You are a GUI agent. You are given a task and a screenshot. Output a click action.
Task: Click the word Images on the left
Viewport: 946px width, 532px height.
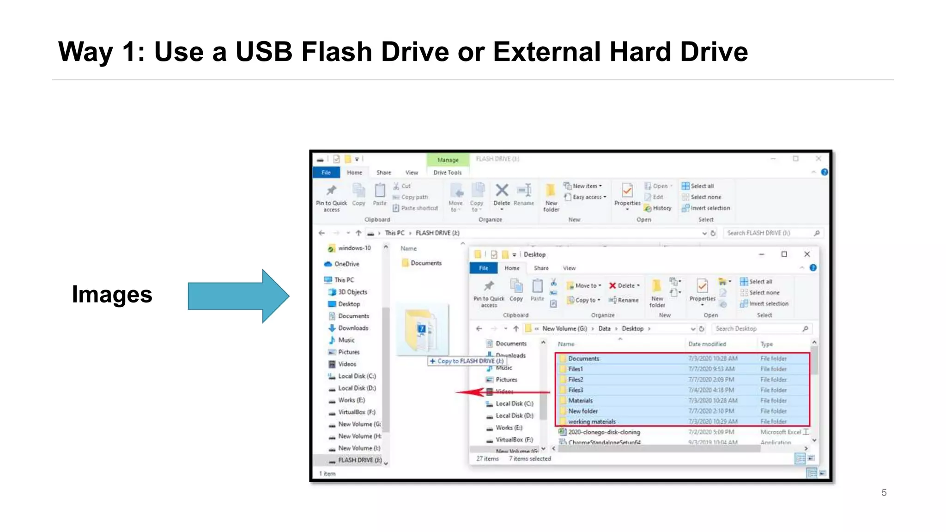click(112, 295)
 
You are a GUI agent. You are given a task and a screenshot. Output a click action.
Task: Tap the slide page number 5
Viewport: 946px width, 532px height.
click(884, 493)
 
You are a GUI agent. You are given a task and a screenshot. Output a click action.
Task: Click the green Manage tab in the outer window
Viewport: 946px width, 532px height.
click(448, 160)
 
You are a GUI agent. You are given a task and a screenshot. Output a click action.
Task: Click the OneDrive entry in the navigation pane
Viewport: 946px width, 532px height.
click(346, 264)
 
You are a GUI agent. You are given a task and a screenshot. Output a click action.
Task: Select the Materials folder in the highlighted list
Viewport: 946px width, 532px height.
click(580, 400)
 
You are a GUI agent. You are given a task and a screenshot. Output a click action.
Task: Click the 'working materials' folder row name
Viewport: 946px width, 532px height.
click(592, 422)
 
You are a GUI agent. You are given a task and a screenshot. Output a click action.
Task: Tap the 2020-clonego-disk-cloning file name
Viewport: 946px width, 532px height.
click(604, 432)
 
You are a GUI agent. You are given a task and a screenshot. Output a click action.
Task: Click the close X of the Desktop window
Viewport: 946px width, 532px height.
click(807, 254)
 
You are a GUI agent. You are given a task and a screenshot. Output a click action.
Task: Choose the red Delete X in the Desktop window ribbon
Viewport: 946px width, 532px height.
click(612, 285)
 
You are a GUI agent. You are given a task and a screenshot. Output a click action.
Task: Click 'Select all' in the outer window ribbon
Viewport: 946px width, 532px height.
click(702, 186)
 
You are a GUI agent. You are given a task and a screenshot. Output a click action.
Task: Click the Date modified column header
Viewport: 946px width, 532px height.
click(707, 344)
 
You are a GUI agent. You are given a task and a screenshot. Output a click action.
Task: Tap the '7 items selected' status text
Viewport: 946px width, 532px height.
click(530, 459)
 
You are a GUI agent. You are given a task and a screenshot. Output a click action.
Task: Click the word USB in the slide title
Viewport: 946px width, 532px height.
click(264, 51)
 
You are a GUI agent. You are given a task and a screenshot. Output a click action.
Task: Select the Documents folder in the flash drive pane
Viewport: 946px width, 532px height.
click(425, 263)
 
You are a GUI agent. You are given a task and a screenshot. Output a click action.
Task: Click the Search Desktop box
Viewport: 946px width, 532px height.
click(758, 329)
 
